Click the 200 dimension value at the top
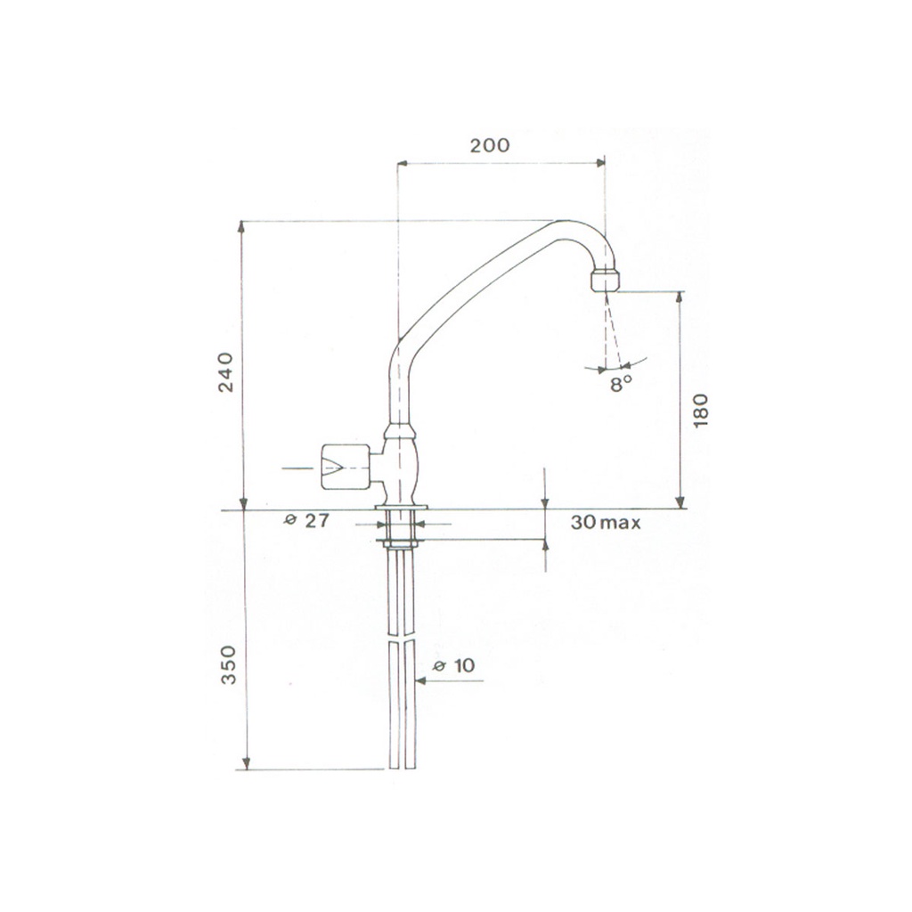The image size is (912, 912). pyautogui.click(x=489, y=145)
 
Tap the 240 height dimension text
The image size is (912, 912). pyautogui.click(x=225, y=372)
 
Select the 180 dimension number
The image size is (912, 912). pyautogui.click(x=701, y=411)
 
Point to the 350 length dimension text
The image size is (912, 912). pyautogui.click(x=229, y=664)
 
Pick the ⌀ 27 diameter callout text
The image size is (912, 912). pyautogui.click(x=306, y=520)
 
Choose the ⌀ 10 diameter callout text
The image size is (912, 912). pyautogui.click(x=454, y=664)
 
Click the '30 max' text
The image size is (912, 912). pyautogui.click(x=605, y=522)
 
